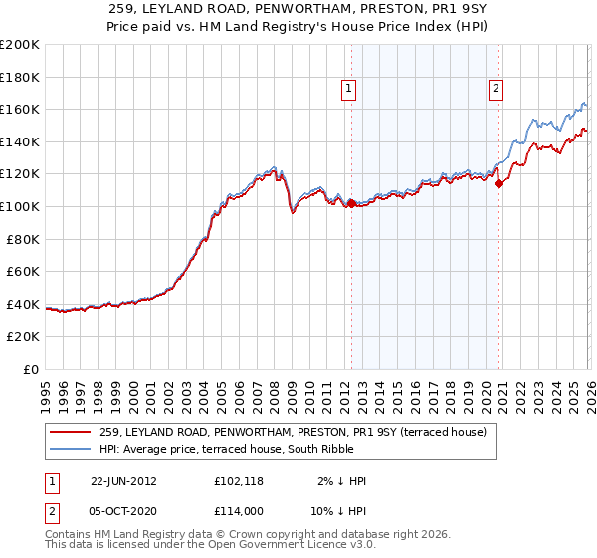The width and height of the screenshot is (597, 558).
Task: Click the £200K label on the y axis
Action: pos(20,45)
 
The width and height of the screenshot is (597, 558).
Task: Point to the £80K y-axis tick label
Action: pos(23,239)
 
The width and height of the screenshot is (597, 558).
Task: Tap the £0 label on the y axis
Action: pos(32,369)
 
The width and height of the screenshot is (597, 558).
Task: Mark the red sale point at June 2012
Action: pos(350,203)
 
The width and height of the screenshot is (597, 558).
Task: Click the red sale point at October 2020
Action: pos(498,183)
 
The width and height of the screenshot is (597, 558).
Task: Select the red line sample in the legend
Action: pos(72,432)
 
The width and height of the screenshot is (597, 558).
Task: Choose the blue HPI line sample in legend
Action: pos(72,449)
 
